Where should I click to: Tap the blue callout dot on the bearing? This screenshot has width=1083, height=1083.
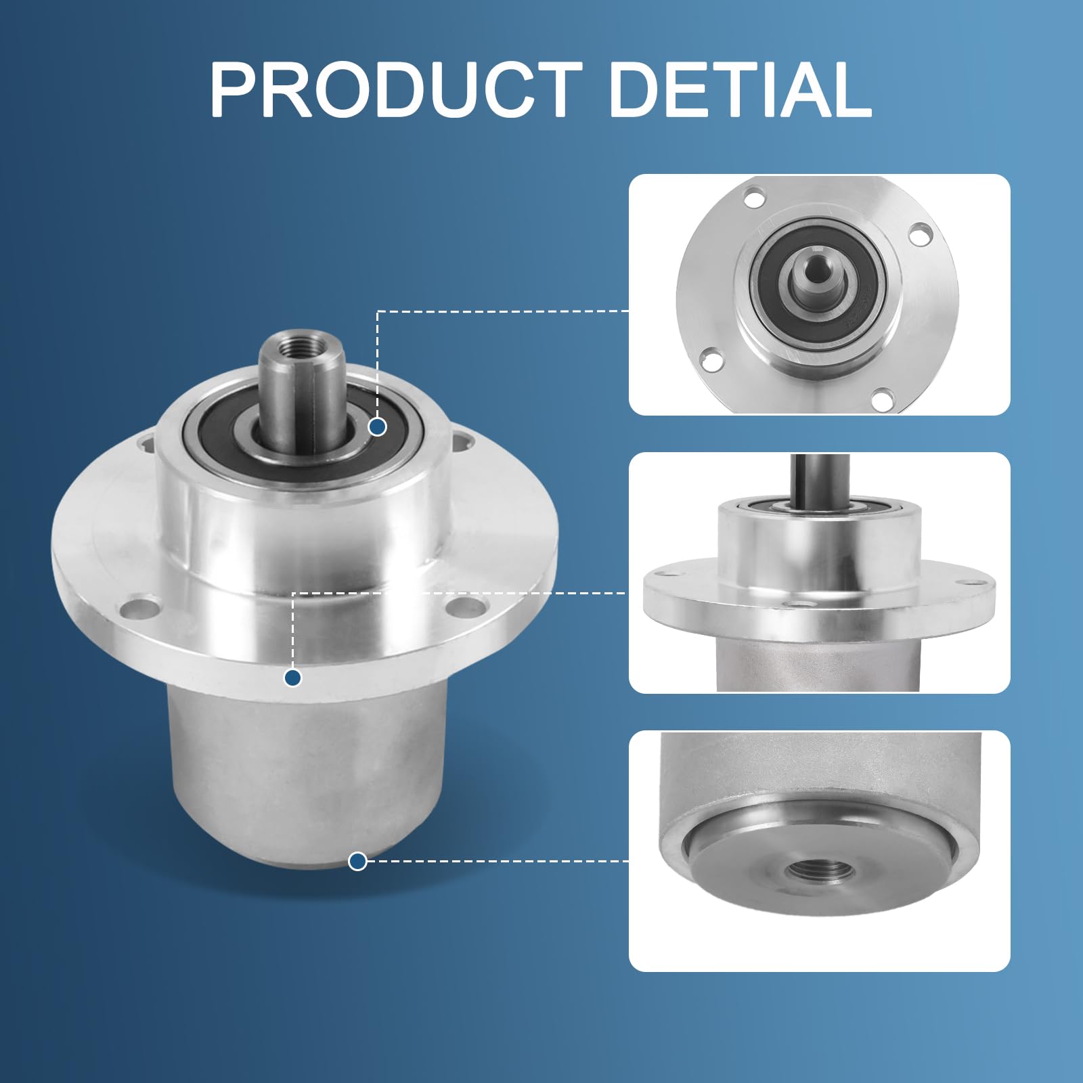point(378,426)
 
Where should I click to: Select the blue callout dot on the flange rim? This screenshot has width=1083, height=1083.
point(293,677)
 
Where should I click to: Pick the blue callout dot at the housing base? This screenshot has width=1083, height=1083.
point(357,861)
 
